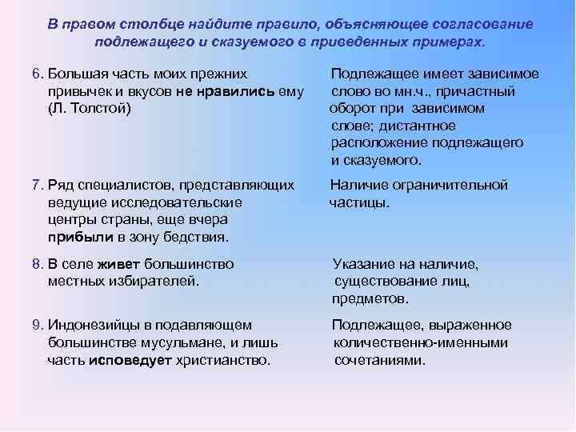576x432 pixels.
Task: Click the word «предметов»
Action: pyautogui.click(x=370, y=298)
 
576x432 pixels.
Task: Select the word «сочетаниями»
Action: pyautogui.click(x=380, y=360)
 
